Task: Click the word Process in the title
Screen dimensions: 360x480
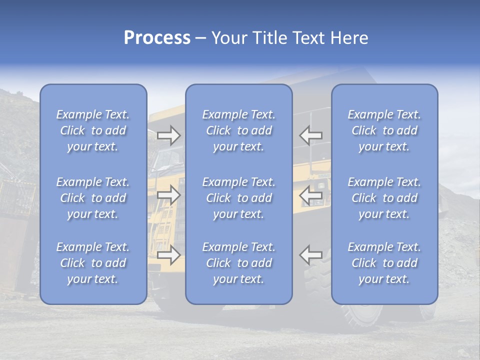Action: (157, 38)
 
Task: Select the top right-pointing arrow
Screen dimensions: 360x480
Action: (168, 135)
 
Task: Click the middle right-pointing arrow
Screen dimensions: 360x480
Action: (168, 195)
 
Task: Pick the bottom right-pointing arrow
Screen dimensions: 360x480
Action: (168, 255)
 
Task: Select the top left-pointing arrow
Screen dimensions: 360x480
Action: (311, 135)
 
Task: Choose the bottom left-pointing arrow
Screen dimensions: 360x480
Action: (311, 255)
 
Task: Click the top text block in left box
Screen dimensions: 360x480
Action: (93, 130)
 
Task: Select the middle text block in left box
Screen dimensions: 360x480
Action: (93, 198)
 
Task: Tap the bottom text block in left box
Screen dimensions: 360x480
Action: (93, 263)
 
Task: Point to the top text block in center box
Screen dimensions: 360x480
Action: (239, 130)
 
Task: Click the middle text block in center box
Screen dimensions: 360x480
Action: (239, 198)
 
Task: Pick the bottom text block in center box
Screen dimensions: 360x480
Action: (239, 263)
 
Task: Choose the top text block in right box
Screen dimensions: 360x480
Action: (384, 130)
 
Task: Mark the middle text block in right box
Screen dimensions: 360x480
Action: (384, 198)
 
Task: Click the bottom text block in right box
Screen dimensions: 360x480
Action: (384, 263)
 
